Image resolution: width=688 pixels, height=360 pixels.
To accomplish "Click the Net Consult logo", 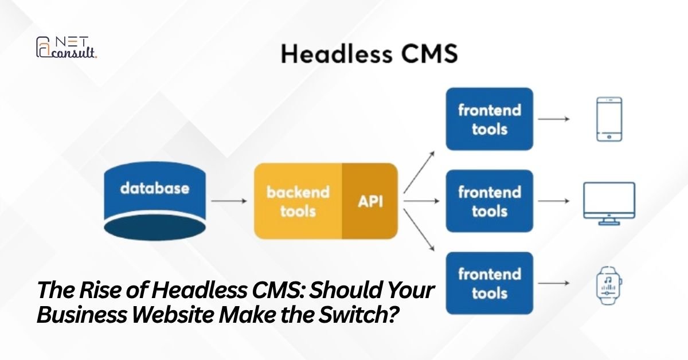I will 66,48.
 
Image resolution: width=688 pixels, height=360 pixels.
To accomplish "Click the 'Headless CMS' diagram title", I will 369,55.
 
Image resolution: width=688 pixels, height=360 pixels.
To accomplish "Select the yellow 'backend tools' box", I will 298,201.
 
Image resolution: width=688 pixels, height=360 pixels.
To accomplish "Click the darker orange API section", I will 370,201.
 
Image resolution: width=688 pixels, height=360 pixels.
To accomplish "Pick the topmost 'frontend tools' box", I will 490,119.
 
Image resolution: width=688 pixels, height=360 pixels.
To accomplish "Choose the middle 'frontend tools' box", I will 490,201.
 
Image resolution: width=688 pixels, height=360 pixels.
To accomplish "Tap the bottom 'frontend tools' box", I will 490,283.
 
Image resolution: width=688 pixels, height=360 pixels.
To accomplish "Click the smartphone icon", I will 609,119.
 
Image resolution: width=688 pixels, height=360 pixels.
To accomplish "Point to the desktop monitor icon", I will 609,200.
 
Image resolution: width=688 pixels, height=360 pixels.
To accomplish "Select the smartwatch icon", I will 609,283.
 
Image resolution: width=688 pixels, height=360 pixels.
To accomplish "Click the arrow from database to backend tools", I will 229,201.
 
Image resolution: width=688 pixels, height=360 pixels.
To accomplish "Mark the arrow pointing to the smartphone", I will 554,119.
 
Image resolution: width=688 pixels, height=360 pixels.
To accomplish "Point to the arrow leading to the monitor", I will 554,201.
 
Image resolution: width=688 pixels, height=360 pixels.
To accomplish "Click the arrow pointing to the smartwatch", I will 554,283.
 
